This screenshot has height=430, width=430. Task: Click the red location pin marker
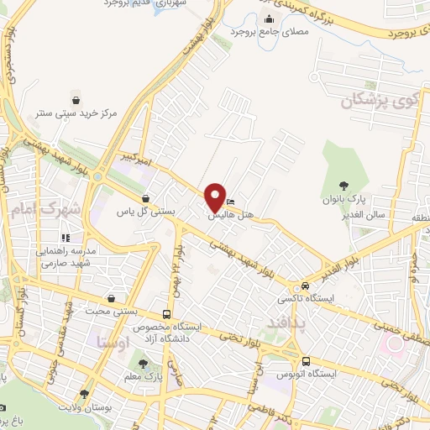click(x=215, y=198)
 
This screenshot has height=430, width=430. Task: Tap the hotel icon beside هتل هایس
click(x=231, y=202)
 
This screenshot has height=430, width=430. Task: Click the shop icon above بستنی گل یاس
click(x=146, y=199)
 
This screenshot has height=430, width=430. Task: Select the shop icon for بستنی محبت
click(x=113, y=298)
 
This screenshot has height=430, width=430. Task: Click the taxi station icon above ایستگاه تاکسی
click(x=305, y=285)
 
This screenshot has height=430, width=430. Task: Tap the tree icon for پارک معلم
click(x=143, y=364)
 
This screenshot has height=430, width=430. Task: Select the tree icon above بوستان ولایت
click(x=83, y=394)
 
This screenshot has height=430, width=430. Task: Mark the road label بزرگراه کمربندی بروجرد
click(x=367, y=22)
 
